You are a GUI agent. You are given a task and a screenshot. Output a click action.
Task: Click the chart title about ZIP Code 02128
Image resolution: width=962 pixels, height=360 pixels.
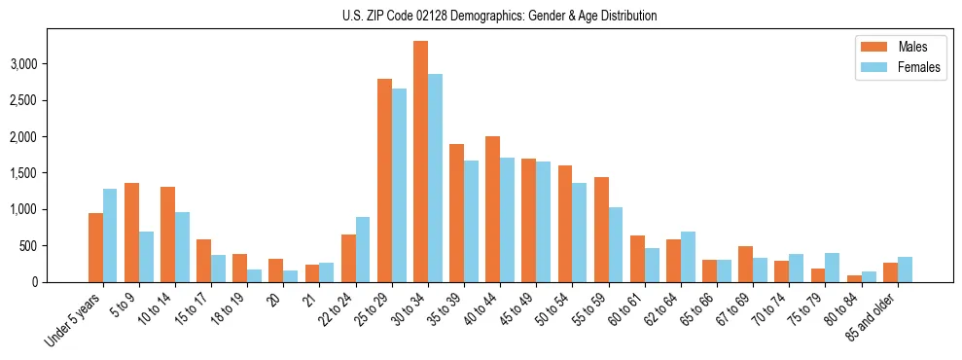[x=500, y=16]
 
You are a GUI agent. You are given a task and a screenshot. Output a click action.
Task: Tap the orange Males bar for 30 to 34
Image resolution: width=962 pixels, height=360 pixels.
[x=420, y=162]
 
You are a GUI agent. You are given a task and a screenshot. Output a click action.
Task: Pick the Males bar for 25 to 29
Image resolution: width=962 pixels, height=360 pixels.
[x=384, y=180]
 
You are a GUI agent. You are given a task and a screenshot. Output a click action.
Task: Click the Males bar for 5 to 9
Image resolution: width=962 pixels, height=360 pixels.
[x=131, y=233]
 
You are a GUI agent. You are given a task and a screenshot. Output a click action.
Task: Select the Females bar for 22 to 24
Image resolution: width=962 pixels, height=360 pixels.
[x=363, y=249]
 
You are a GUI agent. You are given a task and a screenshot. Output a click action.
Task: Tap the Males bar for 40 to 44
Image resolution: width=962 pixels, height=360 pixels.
[x=492, y=209]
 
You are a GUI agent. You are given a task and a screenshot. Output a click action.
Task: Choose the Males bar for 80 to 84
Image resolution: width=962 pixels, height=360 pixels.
[x=854, y=278]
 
